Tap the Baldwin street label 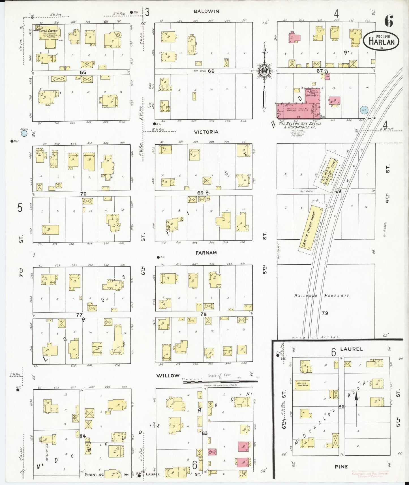click(206, 12)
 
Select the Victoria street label click(206, 132)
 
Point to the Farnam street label click(206, 253)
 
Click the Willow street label click(168, 375)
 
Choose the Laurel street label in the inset click(351, 349)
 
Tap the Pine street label click(341, 467)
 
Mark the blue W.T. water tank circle click(363, 110)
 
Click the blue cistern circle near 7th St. click(24, 132)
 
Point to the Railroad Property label click(322, 295)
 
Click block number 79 click(325, 313)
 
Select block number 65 click(83, 72)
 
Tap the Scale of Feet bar click(221, 382)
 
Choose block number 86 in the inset click(341, 407)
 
